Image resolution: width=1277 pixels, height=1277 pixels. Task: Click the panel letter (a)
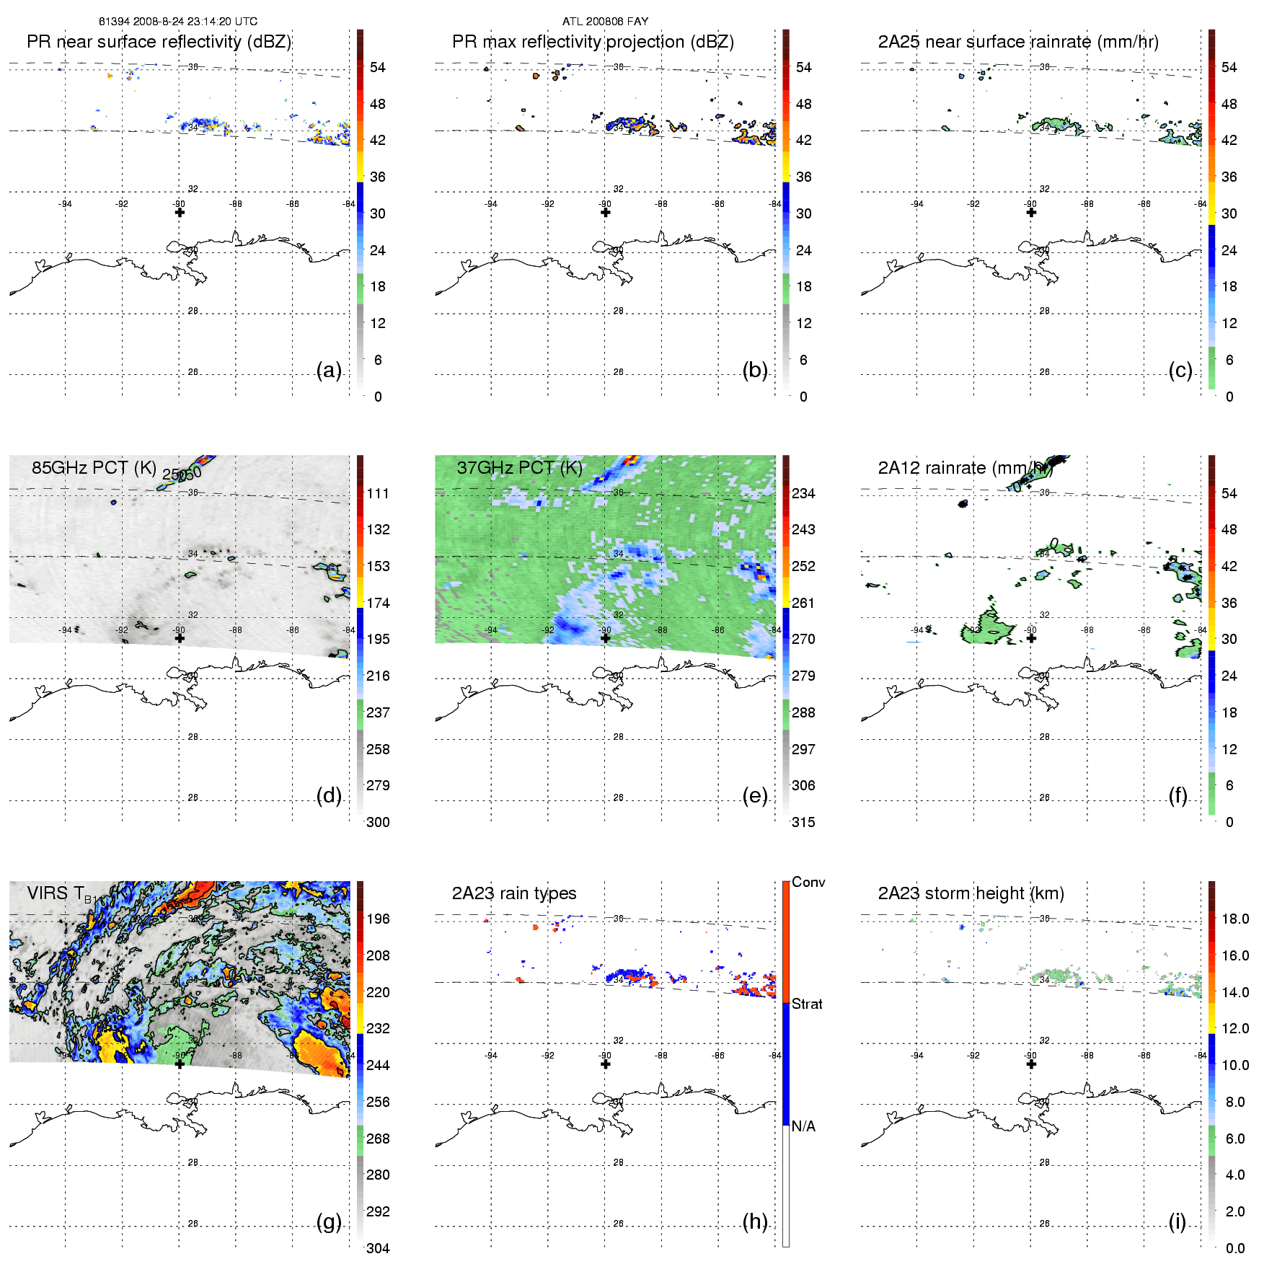point(329,371)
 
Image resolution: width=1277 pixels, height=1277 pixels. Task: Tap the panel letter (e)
point(755,796)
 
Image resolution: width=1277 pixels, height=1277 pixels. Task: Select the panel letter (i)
point(1177,1222)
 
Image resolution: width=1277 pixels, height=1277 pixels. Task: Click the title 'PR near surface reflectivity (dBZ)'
point(159,42)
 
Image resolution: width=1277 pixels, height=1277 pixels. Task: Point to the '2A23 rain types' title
point(514,893)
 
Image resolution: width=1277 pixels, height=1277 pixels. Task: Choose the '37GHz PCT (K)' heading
point(519,468)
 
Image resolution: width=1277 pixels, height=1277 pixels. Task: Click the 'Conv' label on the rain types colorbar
point(808,882)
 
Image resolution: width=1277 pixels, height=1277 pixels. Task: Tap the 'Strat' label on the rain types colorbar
point(807,1004)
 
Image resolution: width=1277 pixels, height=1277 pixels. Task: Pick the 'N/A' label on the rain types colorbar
point(803,1126)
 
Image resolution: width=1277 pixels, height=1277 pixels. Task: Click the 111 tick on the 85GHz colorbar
point(378,493)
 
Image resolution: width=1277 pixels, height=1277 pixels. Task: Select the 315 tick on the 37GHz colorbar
point(803,822)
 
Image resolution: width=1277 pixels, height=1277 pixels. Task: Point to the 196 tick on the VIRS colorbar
point(378,919)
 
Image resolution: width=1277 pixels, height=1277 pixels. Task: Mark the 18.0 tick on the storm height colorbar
point(1235,919)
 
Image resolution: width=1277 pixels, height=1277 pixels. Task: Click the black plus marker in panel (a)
point(180,212)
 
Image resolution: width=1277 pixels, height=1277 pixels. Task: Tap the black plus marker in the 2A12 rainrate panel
point(1031,638)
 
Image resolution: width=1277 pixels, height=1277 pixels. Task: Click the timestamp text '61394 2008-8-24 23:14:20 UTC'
point(178,22)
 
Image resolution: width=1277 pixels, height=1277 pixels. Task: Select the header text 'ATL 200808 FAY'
point(605,22)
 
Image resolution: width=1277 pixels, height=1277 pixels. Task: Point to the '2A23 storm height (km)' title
point(971,893)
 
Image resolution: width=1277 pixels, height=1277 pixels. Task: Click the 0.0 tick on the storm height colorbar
point(1235,1248)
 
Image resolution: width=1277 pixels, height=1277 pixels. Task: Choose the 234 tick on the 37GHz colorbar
point(803,493)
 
